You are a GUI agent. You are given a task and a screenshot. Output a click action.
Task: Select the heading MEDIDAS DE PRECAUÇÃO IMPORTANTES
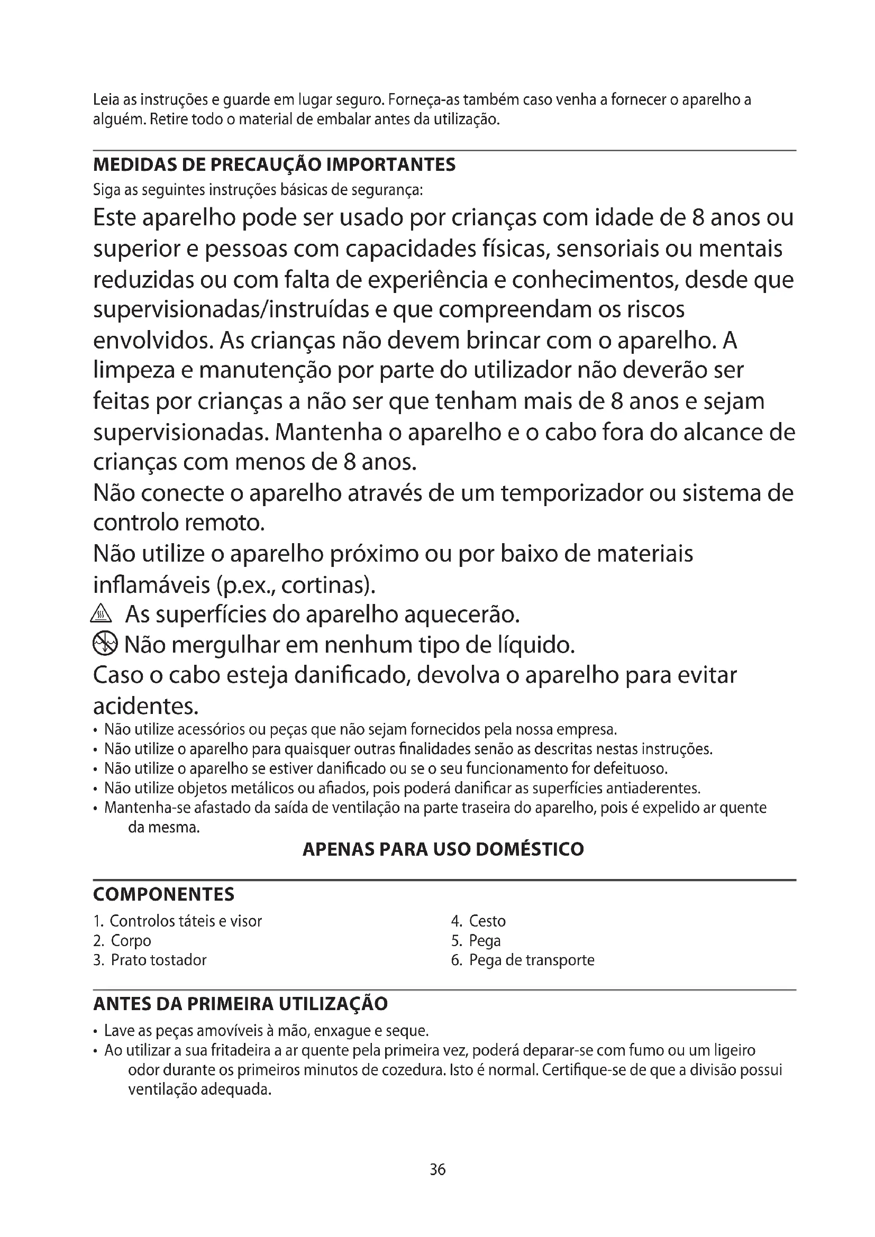pos(274,164)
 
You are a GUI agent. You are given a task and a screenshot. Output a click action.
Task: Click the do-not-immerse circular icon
pos(105,644)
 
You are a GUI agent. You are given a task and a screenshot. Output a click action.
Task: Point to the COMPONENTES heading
pos(164,894)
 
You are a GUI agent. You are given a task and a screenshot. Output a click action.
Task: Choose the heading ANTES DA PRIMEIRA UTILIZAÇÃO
pos(240,1004)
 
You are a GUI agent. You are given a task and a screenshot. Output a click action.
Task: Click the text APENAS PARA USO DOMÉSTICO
pos(443,849)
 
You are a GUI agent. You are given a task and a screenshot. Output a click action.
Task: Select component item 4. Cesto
pos(478,921)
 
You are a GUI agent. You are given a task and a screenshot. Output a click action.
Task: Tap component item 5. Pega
pos(476,940)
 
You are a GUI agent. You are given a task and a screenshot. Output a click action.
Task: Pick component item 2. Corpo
pos(122,940)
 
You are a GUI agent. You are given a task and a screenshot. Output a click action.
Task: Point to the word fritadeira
pos(241,1050)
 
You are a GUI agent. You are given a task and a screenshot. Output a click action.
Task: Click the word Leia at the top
pos(106,99)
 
